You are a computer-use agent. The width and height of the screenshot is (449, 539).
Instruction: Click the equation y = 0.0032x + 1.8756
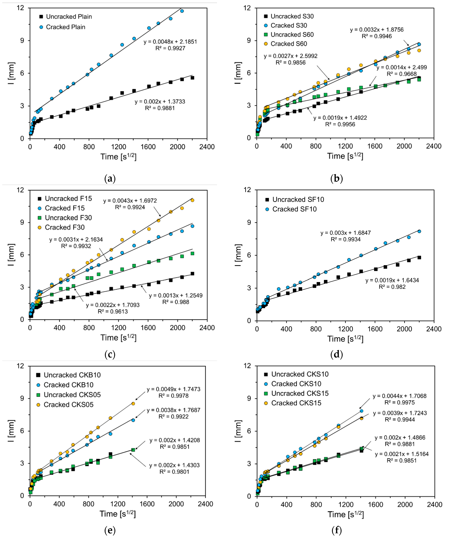(x=377, y=30)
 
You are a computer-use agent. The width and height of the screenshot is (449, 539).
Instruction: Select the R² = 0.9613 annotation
(x=113, y=312)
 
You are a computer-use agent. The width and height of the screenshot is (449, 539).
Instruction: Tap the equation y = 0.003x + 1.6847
(x=346, y=233)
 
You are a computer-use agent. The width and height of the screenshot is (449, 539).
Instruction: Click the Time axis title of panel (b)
(x=345, y=156)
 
